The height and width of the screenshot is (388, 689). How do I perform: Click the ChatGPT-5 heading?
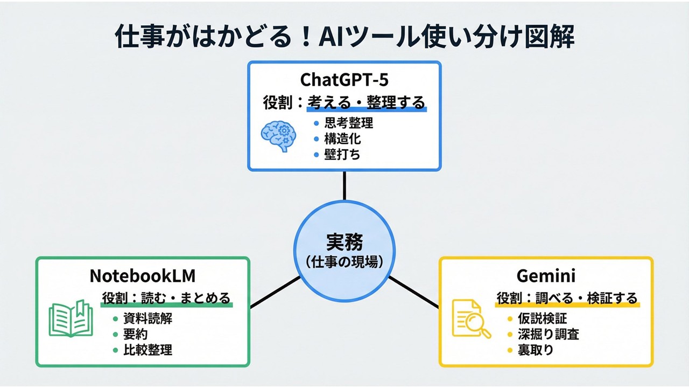point(344,79)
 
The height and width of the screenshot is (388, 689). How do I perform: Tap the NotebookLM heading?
point(142,275)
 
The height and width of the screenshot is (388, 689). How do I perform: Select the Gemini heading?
point(546,275)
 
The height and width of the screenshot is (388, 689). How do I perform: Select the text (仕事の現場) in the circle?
point(344,262)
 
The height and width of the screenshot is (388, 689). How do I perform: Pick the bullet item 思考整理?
point(349,123)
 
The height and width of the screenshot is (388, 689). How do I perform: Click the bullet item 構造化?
point(342,138)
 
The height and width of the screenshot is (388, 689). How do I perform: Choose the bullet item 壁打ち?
point(342,154)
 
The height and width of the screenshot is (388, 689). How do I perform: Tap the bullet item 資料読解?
point(147,318)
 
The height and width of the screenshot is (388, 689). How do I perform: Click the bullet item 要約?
point(135,334)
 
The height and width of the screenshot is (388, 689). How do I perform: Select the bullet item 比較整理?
point(147,350)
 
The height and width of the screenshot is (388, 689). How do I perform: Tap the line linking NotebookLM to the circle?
point(275,293)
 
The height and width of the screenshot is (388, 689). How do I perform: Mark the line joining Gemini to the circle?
point(413,293)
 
